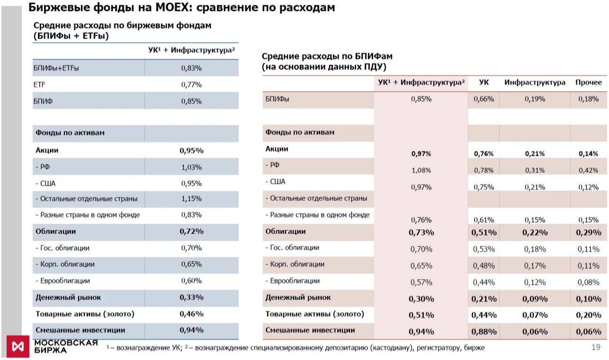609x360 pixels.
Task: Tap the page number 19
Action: pyautogui.click(x=596, y=347)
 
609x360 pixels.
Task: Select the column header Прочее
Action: pyautogui.click(x=589, y=82)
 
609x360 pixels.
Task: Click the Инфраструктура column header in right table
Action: pyautogui.click(x=535, y=82)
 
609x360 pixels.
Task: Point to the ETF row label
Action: pyautogui.click(x=39, y=85)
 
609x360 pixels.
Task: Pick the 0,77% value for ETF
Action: pyautogui.click(x=191, y=85)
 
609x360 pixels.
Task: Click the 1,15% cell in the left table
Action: pyautogui.click(x=191, y=198)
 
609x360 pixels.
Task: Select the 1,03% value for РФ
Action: pyautogui.click(x=191, y=167)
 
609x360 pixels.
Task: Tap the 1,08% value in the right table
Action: pyautogui.click(x=421, y=171)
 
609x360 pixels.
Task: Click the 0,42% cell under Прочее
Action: pyautogui.click(x=589, y=171)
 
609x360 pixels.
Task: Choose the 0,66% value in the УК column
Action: pyautogui.click(x=484, y=99)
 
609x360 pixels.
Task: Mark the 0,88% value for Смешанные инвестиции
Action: pyautogui.click(x=484, y=332)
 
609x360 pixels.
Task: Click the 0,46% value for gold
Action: pyautogui.click(x=191, y=314)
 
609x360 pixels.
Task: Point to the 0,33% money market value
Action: pyautogui.click(x=191, y=297)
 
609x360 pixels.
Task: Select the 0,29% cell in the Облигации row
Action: pyautogui.click(x=589, y=233)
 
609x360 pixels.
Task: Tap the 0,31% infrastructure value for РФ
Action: pyautogui.click(x=535, y=171)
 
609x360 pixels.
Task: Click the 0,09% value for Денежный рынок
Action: pyautogui.click(x=535, y=299)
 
